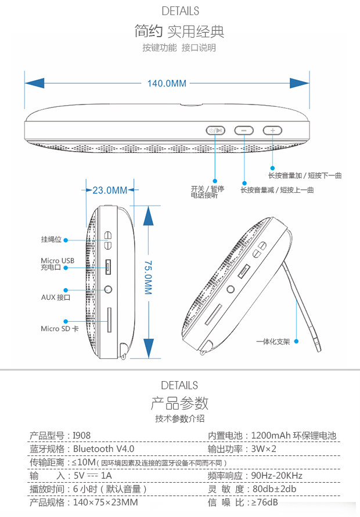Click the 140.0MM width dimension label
[x=167, y=84]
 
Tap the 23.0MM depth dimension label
[x=109, y=190]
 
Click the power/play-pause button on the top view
[x=215, y=131]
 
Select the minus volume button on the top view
[x=244, y=131]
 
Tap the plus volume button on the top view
[x=272, y=131]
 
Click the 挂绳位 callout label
[x=51, y=239]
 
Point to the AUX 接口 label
[x=55, y=297]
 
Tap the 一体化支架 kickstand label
[x=273, y=342]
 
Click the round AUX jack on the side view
[x=108, y=289]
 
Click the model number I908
[x=82, y=436]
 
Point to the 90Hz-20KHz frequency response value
[x=278, y=476]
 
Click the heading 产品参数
[x=179, y=403]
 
